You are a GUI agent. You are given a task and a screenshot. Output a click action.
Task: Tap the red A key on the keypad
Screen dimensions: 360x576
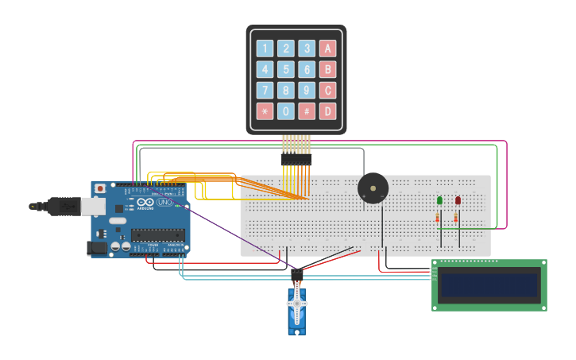[x=327, y=48]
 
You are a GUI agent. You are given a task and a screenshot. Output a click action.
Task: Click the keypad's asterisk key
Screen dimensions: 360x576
[x=265, y=111]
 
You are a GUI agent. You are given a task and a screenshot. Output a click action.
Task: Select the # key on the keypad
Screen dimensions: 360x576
[x=307, y=111]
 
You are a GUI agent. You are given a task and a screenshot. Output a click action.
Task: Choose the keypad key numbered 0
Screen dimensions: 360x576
[x=286, y=111]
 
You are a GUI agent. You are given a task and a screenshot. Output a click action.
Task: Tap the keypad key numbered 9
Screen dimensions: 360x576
[x=307, y=90]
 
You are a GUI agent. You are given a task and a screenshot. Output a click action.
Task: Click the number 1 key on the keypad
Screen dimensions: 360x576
[x=265, y=48]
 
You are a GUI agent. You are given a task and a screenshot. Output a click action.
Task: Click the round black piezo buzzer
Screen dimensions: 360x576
[x=373, y=188]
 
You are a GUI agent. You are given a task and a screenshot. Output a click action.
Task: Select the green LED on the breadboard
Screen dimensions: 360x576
[x=439, y=201]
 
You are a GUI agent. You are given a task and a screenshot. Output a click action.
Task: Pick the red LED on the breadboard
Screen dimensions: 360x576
[x=458, y=201]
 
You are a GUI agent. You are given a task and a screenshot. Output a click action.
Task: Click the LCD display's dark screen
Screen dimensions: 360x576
[x=489, y=285]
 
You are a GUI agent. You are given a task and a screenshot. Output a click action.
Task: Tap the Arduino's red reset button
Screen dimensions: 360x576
[x=99, y=189]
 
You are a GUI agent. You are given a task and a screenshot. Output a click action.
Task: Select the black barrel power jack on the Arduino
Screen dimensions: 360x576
[x=98, y=248]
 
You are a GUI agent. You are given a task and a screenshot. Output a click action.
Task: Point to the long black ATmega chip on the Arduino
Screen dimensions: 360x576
[x=158, y=234]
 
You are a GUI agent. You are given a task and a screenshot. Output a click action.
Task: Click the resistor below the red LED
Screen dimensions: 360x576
[x=456, y=218]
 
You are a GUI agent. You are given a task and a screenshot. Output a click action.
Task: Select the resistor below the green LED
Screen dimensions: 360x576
[x=438, y=218]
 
